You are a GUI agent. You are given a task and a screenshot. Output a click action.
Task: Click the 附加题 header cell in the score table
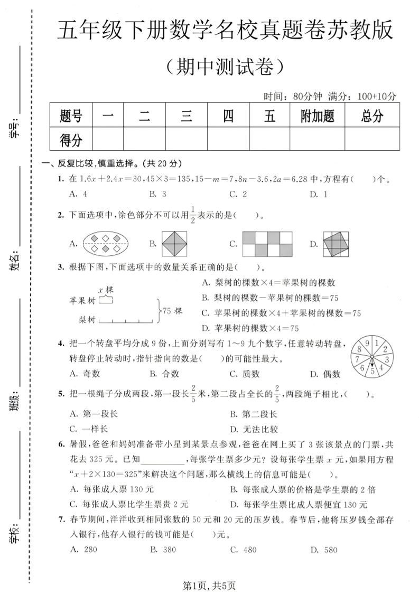(317, 115)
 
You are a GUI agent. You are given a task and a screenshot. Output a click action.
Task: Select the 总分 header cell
(372, 115)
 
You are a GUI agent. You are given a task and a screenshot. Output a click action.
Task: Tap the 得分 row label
(71, 140)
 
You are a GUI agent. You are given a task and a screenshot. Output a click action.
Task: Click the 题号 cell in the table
(71, 115)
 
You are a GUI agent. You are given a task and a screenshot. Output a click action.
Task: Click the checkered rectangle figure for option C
(267, 243)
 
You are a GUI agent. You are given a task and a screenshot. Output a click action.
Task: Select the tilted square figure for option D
(337, 243)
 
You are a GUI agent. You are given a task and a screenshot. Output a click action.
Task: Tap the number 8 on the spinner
(360, 349)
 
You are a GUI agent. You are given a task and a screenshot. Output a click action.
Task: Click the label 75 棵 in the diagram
(172, 311)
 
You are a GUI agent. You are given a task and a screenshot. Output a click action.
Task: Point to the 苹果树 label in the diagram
(82, 300)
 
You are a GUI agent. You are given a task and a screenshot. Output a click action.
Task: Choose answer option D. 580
(323, 550)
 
